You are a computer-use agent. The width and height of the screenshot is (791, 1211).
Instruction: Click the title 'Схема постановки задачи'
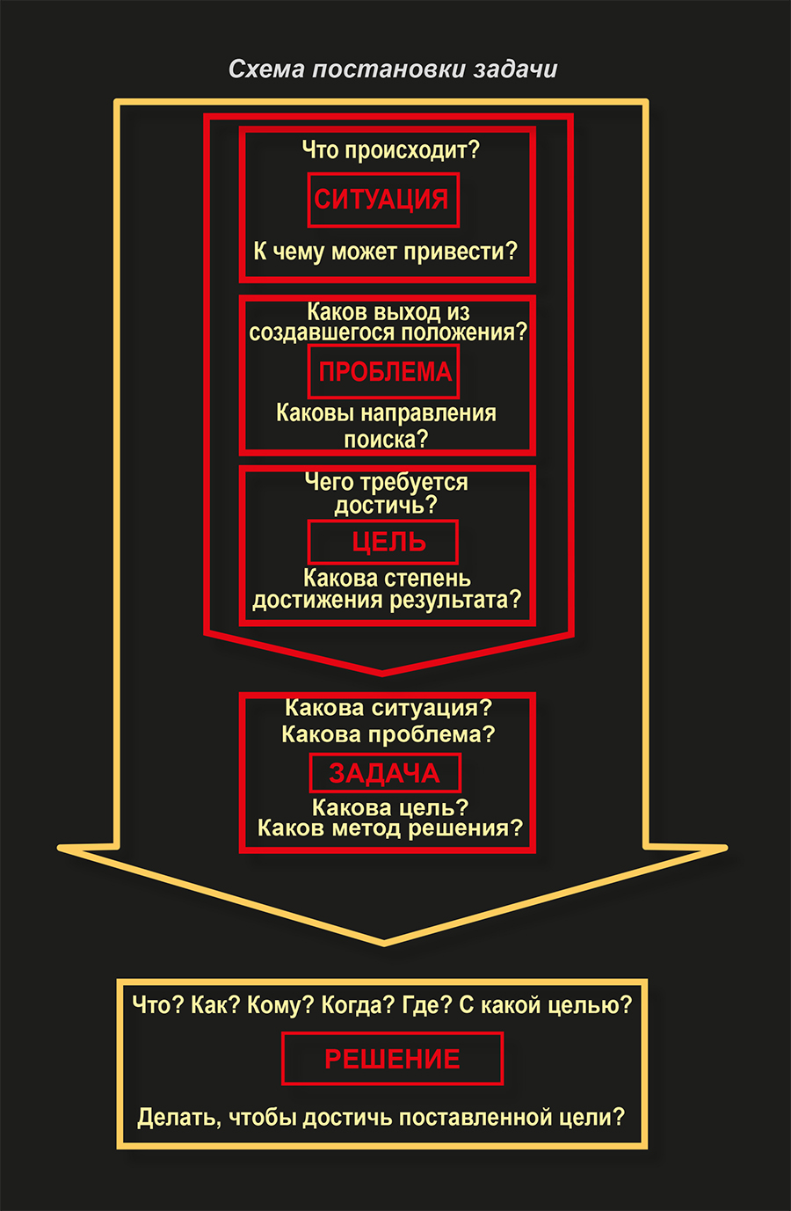coord(393,69)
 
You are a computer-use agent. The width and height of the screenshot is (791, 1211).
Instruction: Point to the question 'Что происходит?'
coord(390,150)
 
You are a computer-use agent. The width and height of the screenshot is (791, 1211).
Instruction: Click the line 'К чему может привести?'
coord(386,252)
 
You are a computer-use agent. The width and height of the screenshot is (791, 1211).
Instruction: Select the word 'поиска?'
coord(386,440)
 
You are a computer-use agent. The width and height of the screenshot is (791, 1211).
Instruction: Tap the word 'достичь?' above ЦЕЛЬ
coord(386,506)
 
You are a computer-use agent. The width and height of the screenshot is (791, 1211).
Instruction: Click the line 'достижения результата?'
coord(387,600)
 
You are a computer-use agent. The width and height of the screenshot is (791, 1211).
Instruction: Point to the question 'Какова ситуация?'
coord(388,708)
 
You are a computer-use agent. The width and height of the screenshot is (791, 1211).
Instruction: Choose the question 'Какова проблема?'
coord(388,734)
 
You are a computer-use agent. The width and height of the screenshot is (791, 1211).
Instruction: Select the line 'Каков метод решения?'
coord(390,828)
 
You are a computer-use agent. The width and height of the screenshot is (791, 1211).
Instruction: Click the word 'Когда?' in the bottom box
coord(359,1005)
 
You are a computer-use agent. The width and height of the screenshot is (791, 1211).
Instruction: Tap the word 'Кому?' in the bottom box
coord(280,1005)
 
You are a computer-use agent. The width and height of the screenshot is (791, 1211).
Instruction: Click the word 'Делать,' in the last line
coord(179,1118)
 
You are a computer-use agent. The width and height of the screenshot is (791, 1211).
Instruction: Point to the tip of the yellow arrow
coord(384,945)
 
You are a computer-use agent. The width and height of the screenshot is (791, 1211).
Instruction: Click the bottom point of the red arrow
coord(382,675)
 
